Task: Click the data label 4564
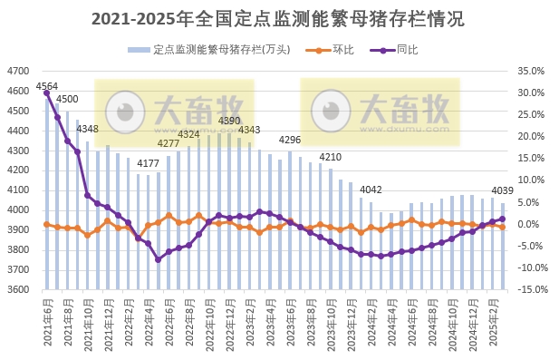46,86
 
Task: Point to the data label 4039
502,190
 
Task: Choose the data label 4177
149,163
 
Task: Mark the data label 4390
229,121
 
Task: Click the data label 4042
371,190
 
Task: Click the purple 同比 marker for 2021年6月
46,92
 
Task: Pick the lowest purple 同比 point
158,259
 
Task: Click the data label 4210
330,157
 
